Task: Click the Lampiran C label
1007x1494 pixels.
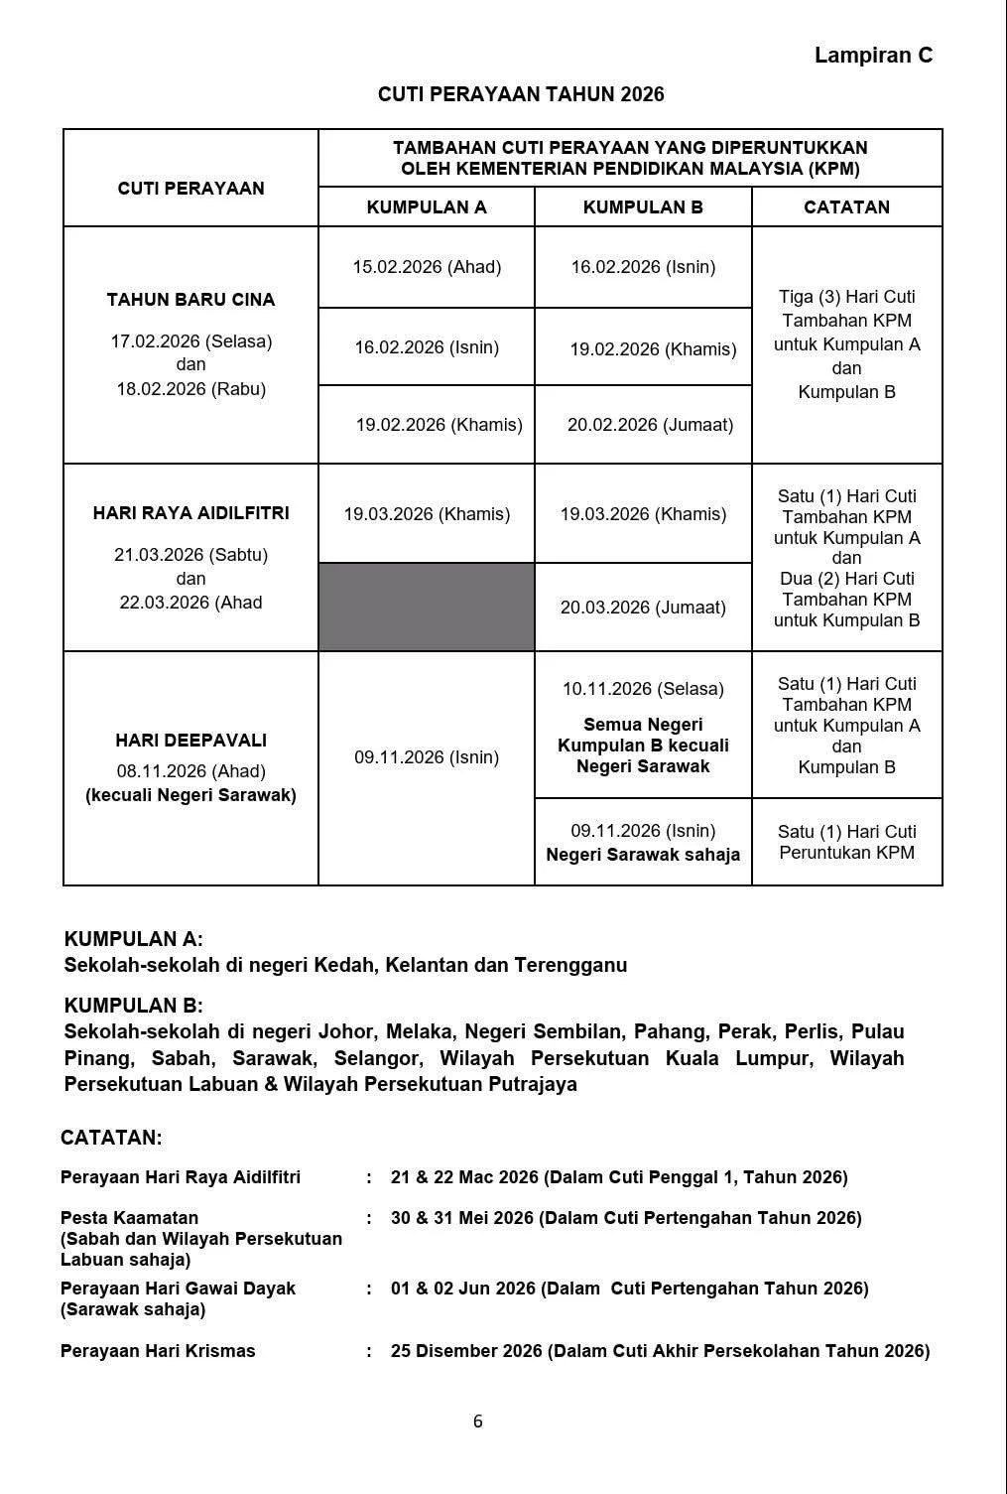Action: tap(873, 56)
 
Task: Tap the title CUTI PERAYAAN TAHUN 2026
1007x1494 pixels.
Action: tap(521, 94)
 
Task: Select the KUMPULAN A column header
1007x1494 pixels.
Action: tap(427, 207)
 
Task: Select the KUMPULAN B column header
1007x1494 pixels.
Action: tap(643, 207)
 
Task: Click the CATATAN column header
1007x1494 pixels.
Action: tap(846, 207)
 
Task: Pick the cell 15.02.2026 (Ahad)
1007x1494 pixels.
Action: tap(427, 267)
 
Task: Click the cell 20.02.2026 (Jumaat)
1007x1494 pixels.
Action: tap(650, 425)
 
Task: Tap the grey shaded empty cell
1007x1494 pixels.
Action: tap(427, 607)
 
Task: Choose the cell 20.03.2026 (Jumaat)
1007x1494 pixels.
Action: tap(643, 608)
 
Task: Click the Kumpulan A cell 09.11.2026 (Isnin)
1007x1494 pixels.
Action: tap(427, 757)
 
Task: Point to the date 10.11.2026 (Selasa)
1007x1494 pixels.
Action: tap(643, 689)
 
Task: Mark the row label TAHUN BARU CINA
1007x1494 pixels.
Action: tap(190, 300)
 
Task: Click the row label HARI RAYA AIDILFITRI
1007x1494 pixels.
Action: tap(190, 513)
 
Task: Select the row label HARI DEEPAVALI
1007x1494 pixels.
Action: tap(190, 741)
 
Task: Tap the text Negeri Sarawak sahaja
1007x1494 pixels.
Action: tap(643, 855)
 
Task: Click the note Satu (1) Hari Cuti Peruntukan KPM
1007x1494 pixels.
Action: tap(846, 842)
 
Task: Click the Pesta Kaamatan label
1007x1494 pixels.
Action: tap(129, 1218)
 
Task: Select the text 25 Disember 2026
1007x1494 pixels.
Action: tap(466, 1351)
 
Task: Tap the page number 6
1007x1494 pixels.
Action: tap(477, 1422)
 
